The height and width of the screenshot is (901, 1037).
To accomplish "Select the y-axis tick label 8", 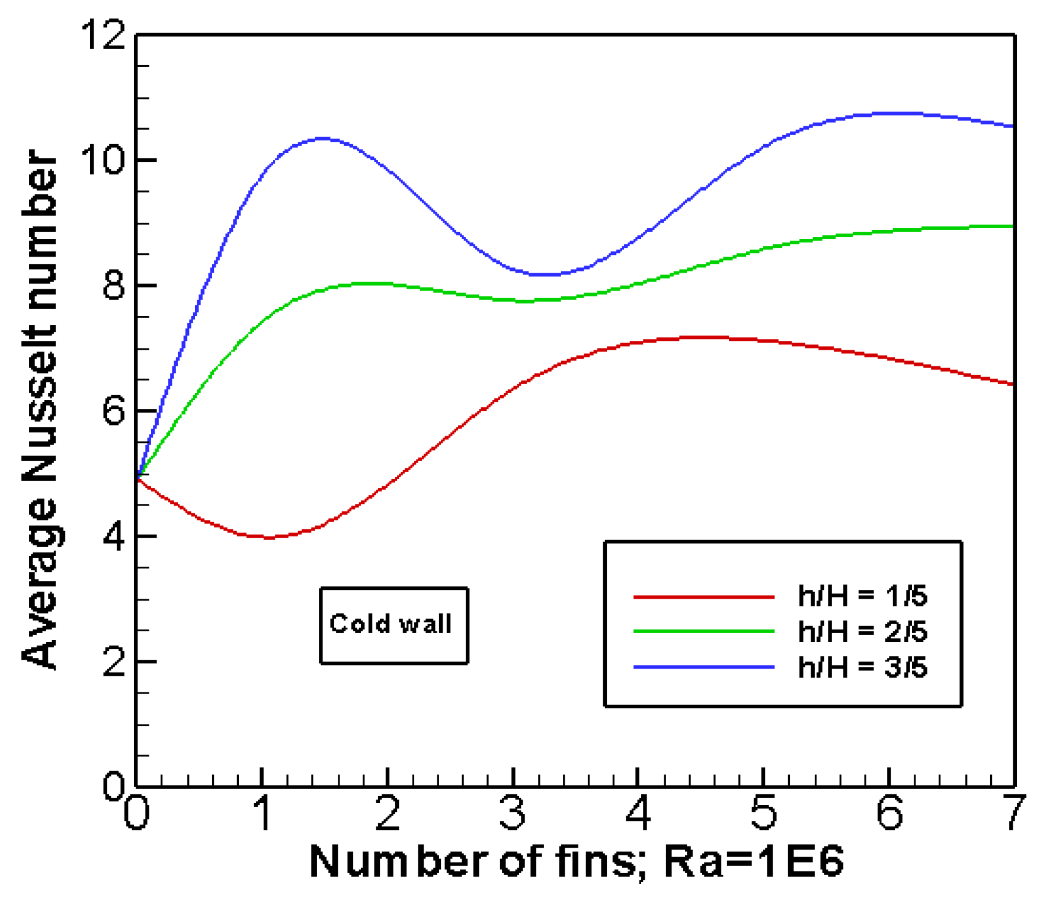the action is [114, 285].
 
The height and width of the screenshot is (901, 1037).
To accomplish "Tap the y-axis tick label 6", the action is [114, 410].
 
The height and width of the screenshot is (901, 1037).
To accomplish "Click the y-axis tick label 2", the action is [114, 661].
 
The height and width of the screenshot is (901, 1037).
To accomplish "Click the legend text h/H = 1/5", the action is [862, 596].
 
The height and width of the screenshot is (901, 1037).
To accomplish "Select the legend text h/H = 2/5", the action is [862, 632].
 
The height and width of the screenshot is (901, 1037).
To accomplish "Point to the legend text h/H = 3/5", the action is [862, 667].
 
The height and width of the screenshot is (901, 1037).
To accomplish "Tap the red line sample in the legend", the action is [704, 596].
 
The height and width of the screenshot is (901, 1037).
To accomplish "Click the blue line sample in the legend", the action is [704, 667].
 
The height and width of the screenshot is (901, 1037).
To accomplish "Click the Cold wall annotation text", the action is [391, 624].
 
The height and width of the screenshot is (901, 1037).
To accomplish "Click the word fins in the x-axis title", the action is [598, 861].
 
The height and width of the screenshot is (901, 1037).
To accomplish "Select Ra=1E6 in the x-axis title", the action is [754, 861].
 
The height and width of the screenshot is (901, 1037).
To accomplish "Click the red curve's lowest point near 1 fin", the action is [268, 538].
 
